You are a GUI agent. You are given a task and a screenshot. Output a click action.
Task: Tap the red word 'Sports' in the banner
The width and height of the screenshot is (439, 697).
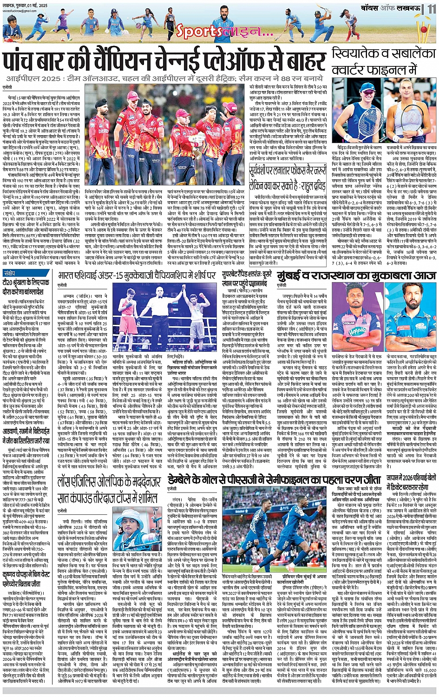[192, 32]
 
